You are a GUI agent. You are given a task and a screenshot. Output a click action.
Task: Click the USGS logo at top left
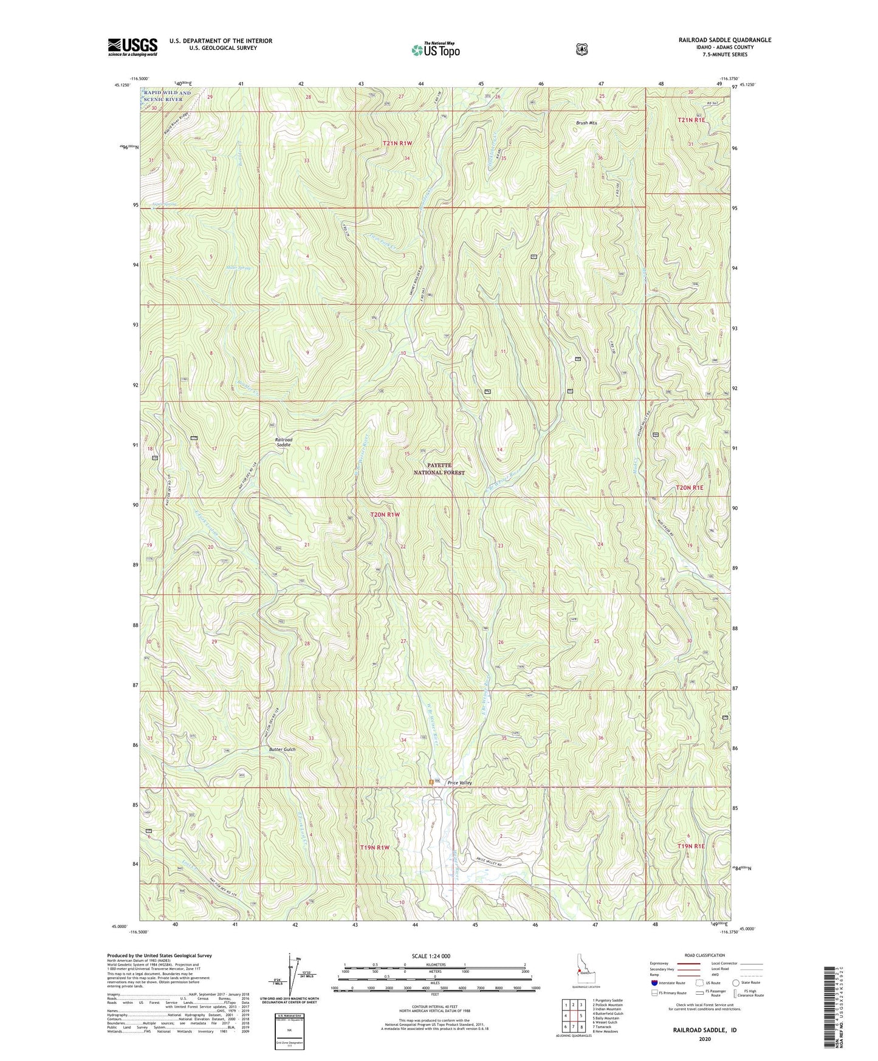pos(132,46)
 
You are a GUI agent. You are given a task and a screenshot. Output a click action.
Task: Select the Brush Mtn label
pos(586,123)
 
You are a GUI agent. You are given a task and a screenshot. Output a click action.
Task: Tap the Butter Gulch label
pos(282,749)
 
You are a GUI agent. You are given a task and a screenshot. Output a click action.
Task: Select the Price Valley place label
pos(460,783)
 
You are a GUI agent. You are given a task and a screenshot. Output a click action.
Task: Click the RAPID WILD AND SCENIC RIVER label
pos(167,96)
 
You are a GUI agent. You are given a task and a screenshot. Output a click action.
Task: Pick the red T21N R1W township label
pos(397,143)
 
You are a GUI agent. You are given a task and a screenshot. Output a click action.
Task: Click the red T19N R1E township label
pos(690,845)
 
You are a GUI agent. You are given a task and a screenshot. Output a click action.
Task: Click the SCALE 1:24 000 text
pos(431,956)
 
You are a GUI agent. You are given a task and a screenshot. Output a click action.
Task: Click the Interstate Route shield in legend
pos(654,983)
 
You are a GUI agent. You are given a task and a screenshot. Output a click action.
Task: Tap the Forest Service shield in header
pos(581,49)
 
